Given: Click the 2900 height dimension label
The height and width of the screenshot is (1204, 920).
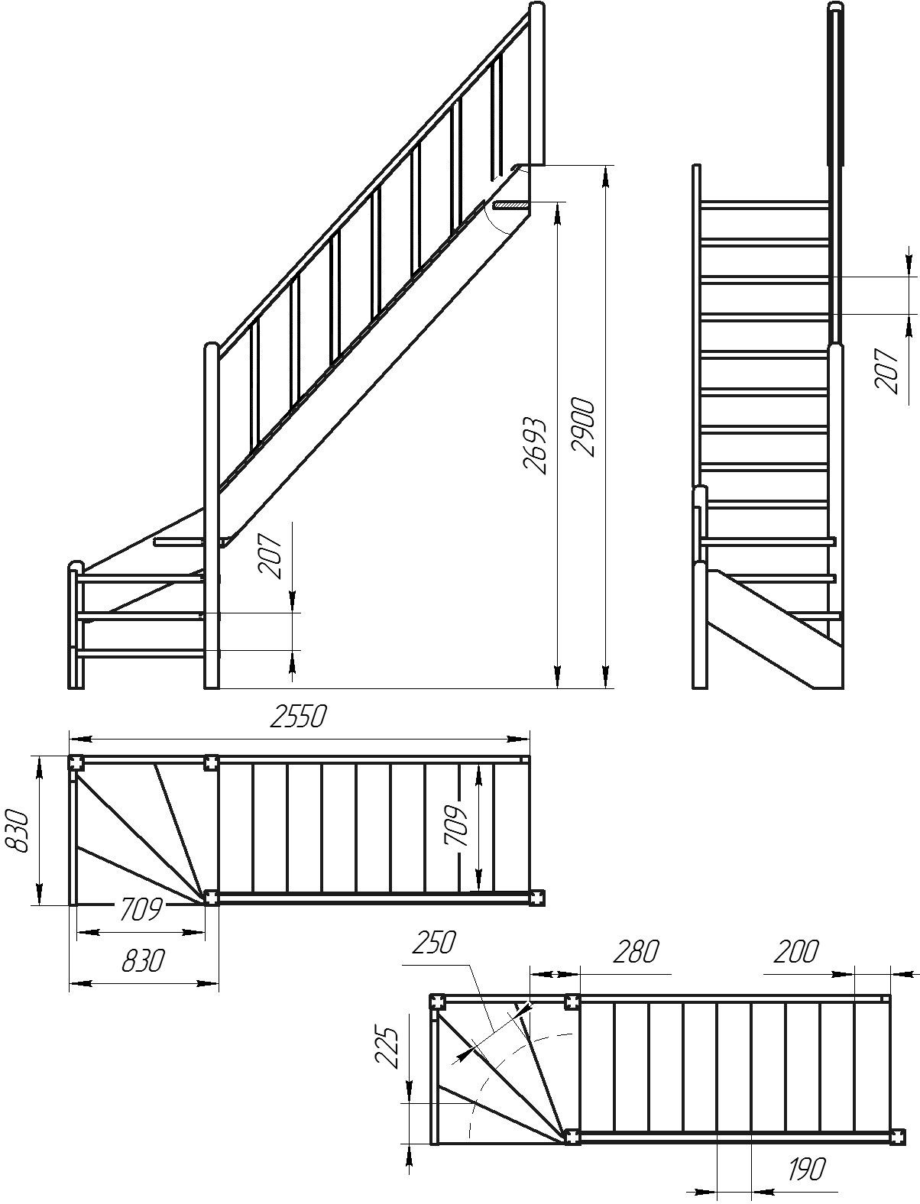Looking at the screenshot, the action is point(582,427).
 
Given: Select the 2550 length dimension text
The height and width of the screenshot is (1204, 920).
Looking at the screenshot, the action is point(299,717).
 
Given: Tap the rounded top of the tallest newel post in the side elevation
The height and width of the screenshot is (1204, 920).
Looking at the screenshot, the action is point(538,7).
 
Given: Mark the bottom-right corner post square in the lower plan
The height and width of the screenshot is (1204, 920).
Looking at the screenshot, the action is point(898,1136).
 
